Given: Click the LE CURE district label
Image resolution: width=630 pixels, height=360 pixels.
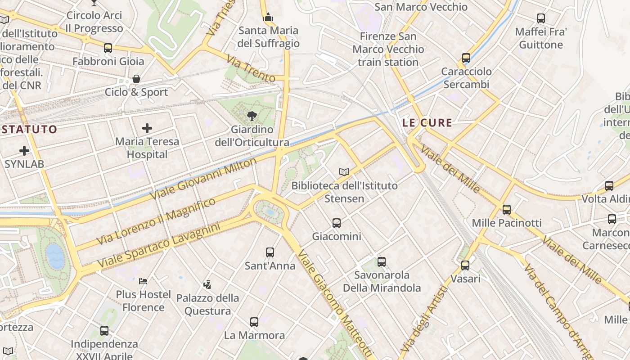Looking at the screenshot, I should [427, 122].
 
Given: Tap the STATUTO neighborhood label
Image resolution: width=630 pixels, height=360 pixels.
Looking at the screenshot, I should [29, 130].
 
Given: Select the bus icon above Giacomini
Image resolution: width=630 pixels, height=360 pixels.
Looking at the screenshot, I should [337, 223].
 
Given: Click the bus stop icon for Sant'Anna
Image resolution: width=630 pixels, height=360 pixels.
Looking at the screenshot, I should [270, 252].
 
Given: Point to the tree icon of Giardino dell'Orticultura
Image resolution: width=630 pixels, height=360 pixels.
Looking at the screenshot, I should [252, 116].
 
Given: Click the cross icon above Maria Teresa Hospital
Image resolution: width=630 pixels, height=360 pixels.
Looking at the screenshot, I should [147, 128].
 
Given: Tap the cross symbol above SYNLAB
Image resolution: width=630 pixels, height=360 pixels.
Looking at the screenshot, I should [24, 151].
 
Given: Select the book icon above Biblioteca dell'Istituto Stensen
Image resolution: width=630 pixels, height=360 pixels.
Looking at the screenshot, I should [344, 172].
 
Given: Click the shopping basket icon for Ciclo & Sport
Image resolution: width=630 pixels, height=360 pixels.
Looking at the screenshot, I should [136, 79].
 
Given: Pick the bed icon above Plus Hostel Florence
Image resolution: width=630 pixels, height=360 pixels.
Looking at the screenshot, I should [143, 281].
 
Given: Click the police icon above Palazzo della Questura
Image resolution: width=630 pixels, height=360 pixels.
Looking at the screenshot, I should [207, 284].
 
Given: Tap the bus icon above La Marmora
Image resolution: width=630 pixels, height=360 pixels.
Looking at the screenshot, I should [254, 322].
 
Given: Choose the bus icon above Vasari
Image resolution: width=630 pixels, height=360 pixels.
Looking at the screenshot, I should [465, 265].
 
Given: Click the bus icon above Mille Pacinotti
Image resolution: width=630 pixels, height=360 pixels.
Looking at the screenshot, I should [507, 210].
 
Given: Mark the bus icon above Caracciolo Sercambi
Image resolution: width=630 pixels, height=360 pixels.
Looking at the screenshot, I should [466, 58].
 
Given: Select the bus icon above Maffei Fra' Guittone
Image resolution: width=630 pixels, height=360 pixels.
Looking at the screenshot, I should [541, 18].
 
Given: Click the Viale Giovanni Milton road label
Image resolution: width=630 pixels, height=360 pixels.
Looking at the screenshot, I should [203, 179].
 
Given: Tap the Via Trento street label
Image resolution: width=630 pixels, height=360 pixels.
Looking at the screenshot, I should [251, 69].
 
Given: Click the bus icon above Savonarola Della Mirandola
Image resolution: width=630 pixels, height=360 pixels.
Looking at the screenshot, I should [382, 262].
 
